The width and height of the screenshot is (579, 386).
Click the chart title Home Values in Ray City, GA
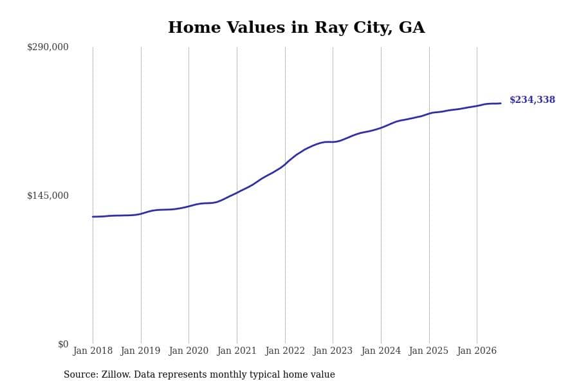(x=296, y=28)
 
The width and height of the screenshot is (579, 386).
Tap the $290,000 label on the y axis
(x=48, y=47)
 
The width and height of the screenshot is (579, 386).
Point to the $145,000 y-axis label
(x=48, y=196)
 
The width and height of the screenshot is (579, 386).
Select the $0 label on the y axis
(x=63, y=344)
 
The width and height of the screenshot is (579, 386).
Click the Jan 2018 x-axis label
(x=93, y=351)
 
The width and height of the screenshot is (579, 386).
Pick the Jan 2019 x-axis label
(x=140, y=351)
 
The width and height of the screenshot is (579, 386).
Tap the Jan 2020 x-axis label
(x=188, y=351)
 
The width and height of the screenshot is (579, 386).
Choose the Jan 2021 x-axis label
(x=237, y=351)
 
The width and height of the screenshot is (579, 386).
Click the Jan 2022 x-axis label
(x=285, y=351)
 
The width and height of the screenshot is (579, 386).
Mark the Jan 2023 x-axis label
(x=333, y=351)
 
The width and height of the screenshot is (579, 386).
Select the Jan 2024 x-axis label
(x=381, y=351)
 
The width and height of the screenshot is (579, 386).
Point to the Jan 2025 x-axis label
(x=428, y=351)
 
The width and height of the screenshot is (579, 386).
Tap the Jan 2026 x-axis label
(x=477, y=351)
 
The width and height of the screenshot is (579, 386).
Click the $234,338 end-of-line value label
(x=532, y=100)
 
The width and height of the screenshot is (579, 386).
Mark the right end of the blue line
(x=501, y=104)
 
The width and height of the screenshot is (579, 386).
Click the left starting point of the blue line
(x=93, y=217)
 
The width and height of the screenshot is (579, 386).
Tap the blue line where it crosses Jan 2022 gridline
(x=285, y=165)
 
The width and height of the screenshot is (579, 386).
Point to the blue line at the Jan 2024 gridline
(x=381, y=128)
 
